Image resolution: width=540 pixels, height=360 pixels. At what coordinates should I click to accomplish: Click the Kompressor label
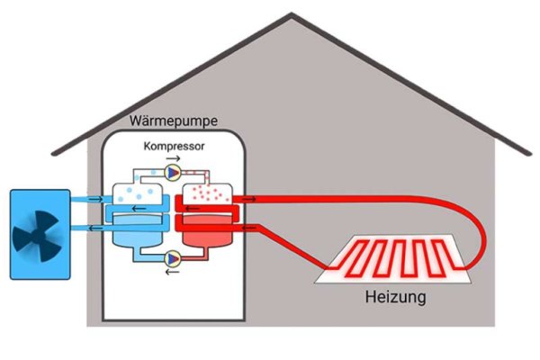click(x=174, y=145)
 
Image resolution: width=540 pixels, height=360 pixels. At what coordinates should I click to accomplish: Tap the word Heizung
click(x=396, y=296)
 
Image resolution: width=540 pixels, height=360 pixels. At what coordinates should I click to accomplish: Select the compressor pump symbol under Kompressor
click(x=173, y=169)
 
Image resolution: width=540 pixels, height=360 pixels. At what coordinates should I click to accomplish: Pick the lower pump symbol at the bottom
click(x=173, y=256)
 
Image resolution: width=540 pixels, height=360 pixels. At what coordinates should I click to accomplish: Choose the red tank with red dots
click(x=209, y=192)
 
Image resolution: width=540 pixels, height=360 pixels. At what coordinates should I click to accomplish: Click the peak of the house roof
click(x=292, y=14)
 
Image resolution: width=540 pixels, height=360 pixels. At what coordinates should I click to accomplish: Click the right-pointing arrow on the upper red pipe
click(x=248, y=198)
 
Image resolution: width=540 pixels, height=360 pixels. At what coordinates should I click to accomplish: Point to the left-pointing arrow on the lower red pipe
click(x=248, y=227)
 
